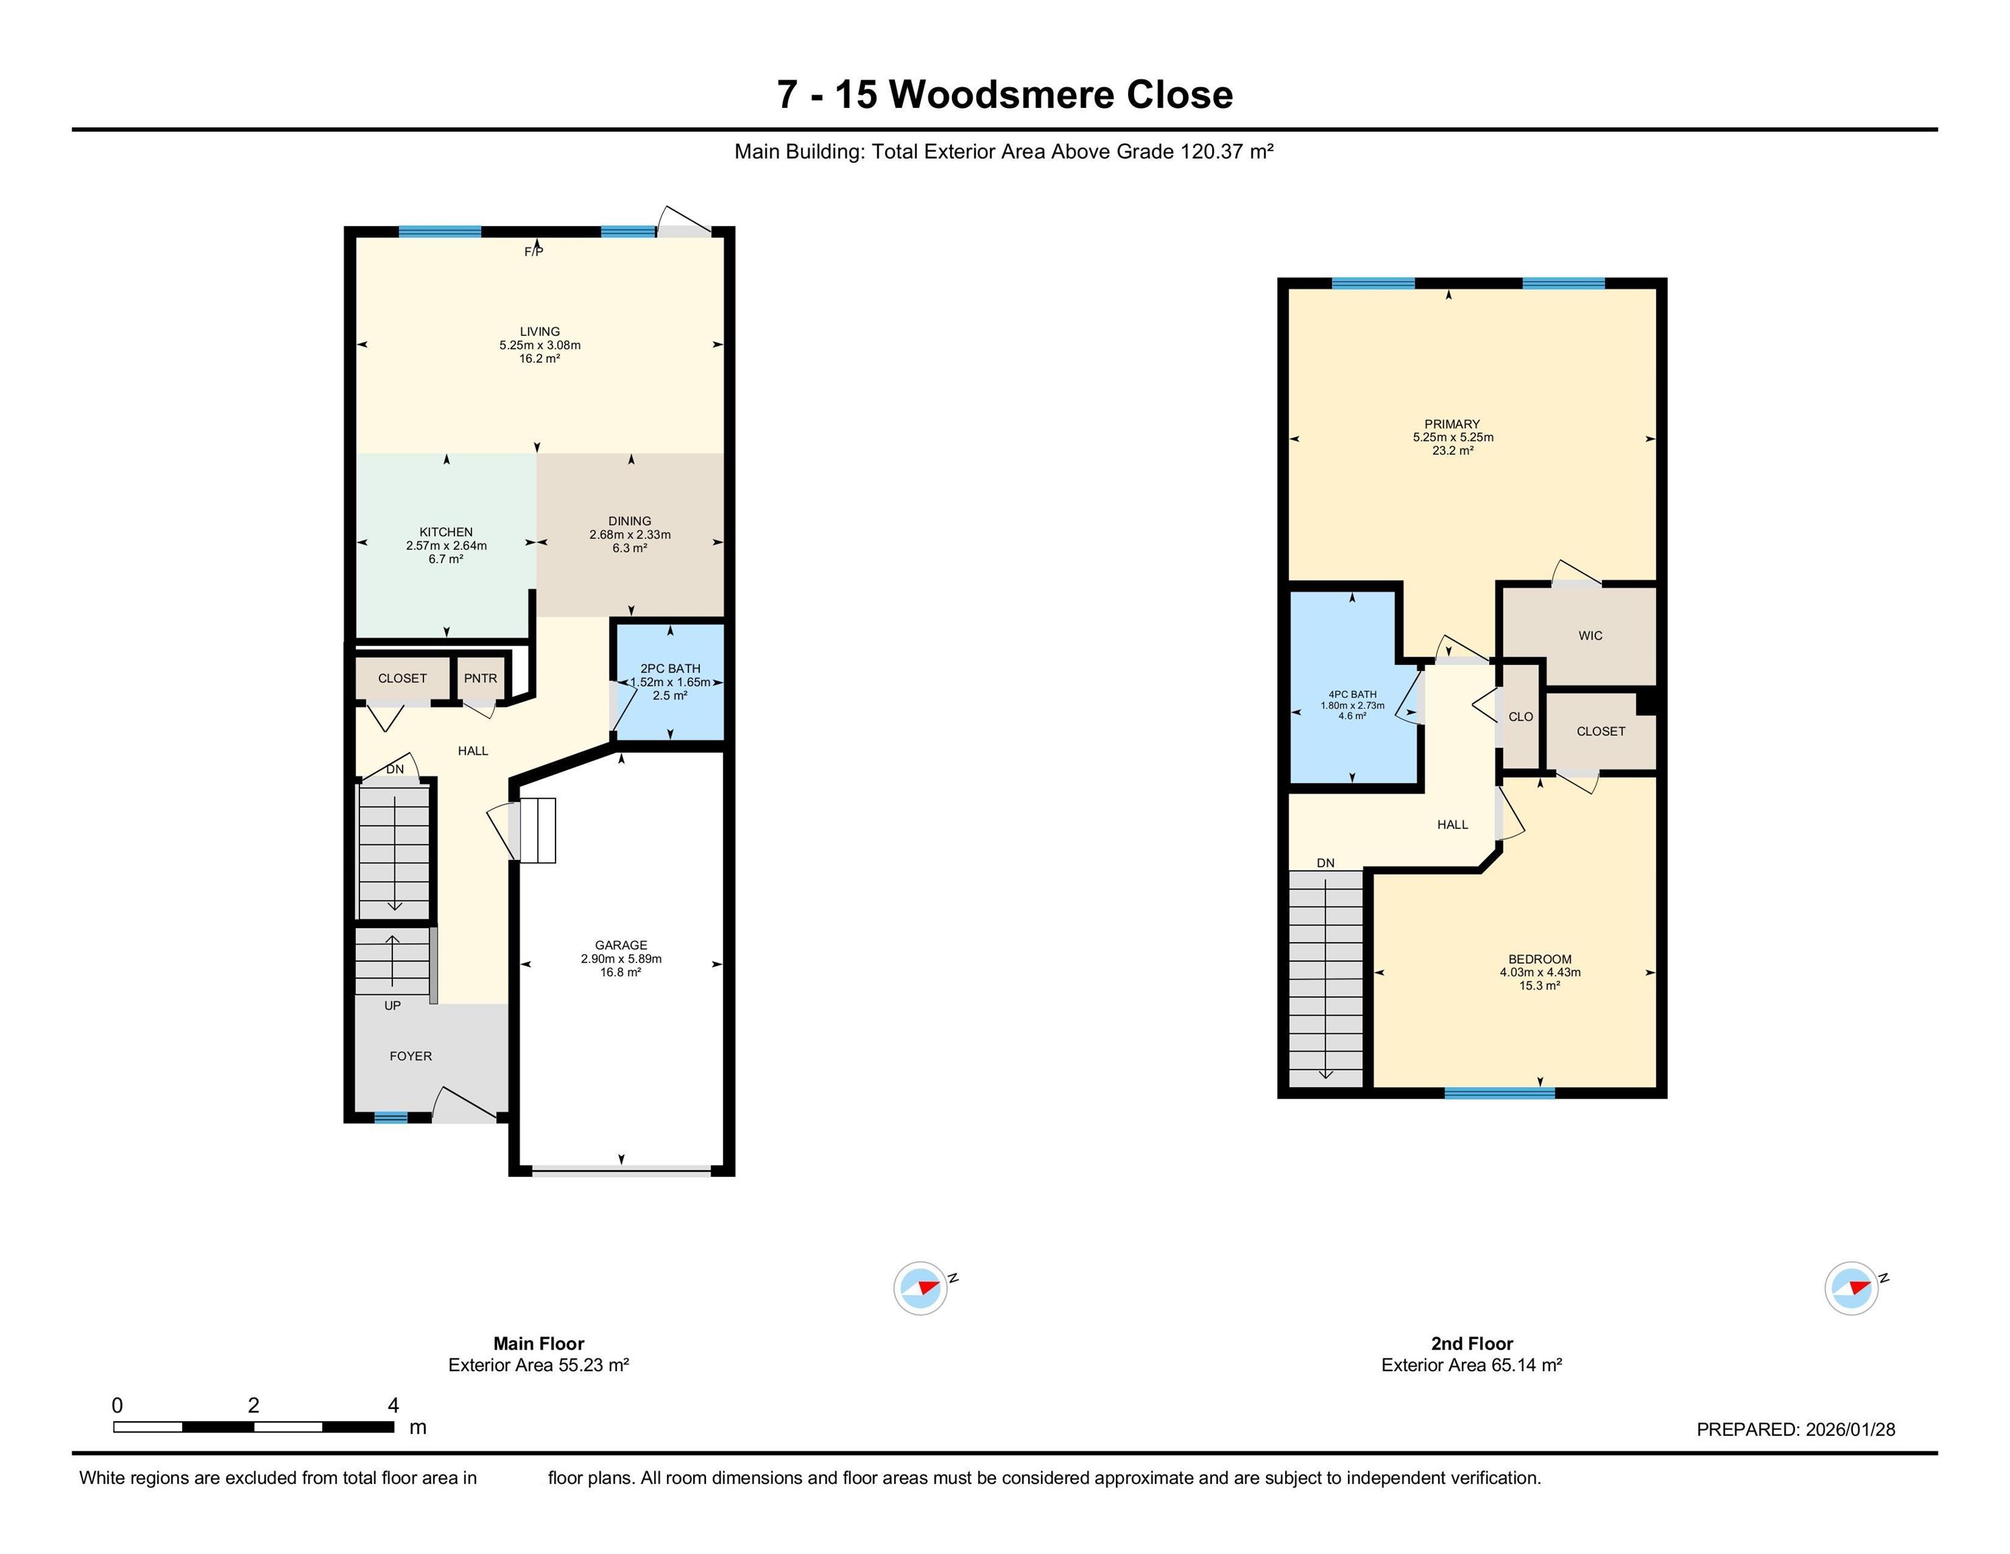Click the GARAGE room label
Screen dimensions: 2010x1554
pyautogui.click(x=621, y=944)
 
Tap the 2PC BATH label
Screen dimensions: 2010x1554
pyautogui.click(x=670, y=668)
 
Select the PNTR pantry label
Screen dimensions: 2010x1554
pyautogui.click(x=480, y=679)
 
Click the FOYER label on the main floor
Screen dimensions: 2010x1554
pyautogui.click(x=411, y=1056)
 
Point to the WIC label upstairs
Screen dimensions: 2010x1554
pyautogui.click(x=1591, y=635)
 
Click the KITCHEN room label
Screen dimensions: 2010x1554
pyautogui.click(x=446, y=532)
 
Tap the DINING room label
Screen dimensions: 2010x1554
pyautogui.click(x=630, y=521)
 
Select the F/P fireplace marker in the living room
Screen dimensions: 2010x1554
pyautogui.click(x=534, y=252)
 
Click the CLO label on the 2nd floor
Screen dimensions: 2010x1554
pyautogui.click(x=1520, y=716)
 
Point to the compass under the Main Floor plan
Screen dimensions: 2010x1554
pyautogui.click(x=921, y=1288)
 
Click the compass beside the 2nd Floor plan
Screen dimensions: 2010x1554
pyautogui.click(x=1852, y=1288)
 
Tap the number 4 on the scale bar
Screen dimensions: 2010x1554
pyautogui.click(x=393, y=1405)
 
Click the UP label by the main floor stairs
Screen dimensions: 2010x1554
pyautogui.click(x=392, y=1006)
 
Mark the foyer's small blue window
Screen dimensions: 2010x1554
pyautogui.click(x=390, y=1118)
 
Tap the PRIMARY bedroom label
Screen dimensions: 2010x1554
pyautogui.click(x=1452, y=424)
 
